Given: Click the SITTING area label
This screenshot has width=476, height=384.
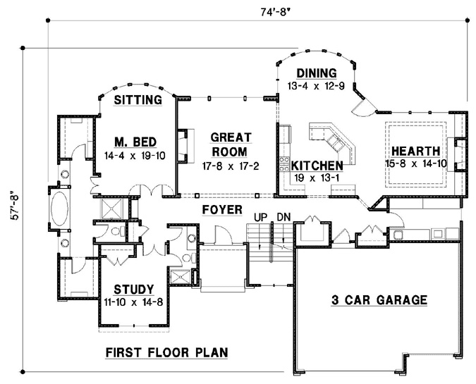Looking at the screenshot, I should tap(138, 101).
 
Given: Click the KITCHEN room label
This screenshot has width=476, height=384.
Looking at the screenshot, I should tap(317, 165).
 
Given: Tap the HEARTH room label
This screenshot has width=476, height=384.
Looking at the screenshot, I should tap(416, 151).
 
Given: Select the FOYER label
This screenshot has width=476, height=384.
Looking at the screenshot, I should tap(221, 209).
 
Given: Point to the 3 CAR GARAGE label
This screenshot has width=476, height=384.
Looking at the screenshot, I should tap(379, 300).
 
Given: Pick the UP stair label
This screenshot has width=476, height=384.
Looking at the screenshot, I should tap(260, 216).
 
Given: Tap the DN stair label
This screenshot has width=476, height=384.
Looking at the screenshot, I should tap(283, 216).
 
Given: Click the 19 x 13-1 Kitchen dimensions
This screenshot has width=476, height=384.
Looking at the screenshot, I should tap(318, 178).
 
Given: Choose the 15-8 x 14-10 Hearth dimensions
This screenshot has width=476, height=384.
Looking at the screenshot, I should tap(417, 163).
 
